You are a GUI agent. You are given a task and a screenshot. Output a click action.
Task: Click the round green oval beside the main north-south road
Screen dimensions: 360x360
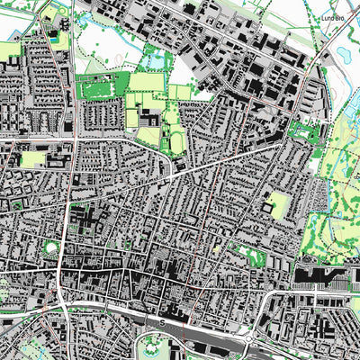[51, 247]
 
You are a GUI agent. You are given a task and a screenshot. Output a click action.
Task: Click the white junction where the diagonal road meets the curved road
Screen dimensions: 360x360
[171, 176]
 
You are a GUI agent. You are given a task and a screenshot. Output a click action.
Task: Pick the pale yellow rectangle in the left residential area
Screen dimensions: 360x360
[33, 159]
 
